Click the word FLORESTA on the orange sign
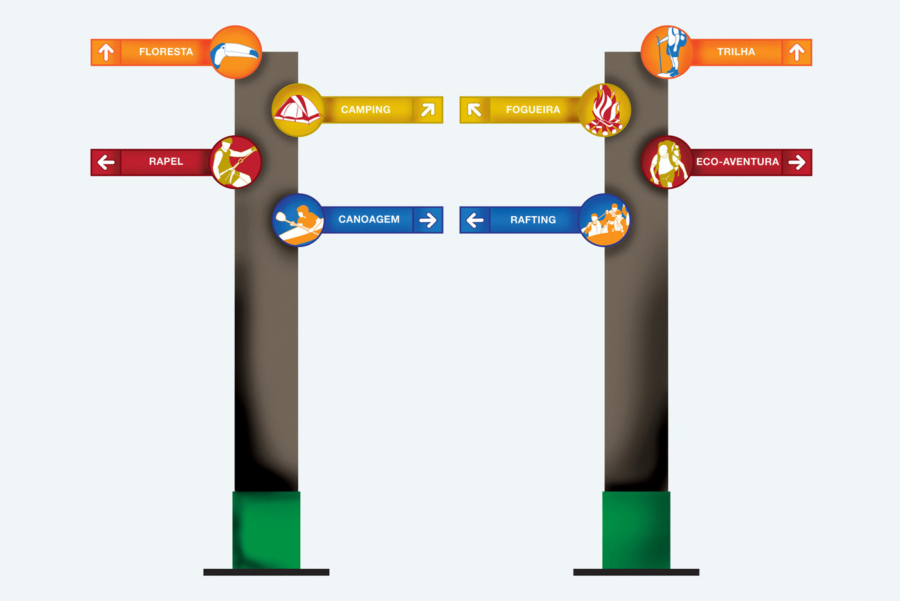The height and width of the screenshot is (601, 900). tap(166, 52)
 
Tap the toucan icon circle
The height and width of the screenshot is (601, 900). tap(236, 52)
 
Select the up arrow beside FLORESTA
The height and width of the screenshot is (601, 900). tap(106, 52)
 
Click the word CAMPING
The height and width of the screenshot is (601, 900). tap(366, 110)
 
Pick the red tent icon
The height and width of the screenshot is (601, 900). tap(298, 110)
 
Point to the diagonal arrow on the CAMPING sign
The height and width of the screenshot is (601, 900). tap(428, 110)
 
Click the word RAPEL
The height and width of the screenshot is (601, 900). tap(166, 162)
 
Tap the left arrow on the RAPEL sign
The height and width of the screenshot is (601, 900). tap(106, 162)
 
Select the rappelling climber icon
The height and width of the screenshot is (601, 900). tap(236, 162)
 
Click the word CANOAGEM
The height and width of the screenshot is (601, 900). tap(369, 219)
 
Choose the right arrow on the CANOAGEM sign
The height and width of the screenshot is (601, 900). tap(428, 220)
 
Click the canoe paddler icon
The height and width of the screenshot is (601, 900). tap(298, 220)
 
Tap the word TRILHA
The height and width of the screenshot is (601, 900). tap(736, 52)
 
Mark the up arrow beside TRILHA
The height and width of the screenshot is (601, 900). tap(797, 52)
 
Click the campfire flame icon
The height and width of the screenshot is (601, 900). tap(604, 110)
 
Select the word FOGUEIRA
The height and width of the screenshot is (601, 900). tap(533, 110)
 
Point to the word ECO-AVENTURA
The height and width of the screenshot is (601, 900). tap(737, 162)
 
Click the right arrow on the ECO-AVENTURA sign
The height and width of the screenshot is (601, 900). tap(797, 162)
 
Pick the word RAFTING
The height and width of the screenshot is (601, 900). tap(533, 220)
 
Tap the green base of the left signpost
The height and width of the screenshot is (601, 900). tap(266, 530)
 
